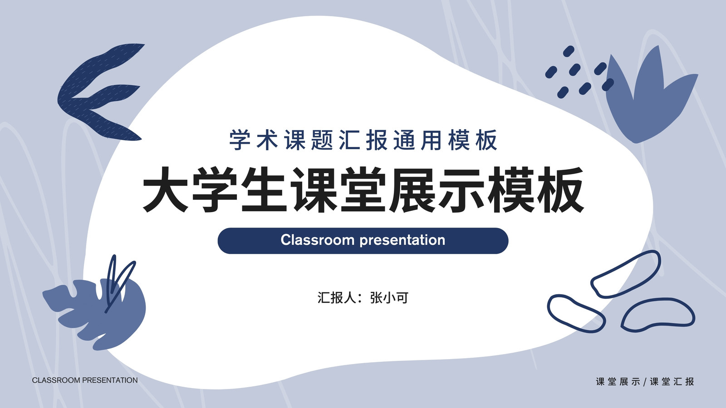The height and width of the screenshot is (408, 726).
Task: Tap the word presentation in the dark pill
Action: (x=402, y=241)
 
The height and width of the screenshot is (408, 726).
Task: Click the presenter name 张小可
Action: (x=389, y=298)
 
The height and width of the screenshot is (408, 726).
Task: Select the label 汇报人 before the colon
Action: (x=337, y=298)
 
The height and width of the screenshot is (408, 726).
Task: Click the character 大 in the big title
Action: (x=166, y=190)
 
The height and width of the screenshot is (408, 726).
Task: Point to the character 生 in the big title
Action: (x=264, y=190)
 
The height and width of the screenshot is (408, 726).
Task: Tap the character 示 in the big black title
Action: (x=461, y=190)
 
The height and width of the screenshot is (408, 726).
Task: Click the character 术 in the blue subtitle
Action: (x=267, y=140)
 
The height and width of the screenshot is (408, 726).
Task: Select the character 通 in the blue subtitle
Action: (x=404, y=140)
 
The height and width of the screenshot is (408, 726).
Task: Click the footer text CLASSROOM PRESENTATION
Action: (x=85, y=380)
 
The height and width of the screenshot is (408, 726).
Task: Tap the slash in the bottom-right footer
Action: (x=645, y=382)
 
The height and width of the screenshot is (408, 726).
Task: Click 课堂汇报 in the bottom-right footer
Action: (x=672, y=382)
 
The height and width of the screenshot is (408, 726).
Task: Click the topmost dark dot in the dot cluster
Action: (x=569, y=51)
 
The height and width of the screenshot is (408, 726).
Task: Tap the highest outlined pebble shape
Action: (x=625, y=274)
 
